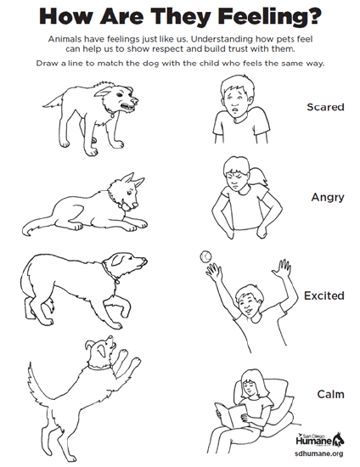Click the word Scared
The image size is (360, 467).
325,107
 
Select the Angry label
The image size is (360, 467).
328,198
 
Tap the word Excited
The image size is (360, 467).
324,295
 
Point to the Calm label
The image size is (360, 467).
330,394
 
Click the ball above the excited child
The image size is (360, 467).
205,256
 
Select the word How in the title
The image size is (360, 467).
65,16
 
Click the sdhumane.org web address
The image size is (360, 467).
319,453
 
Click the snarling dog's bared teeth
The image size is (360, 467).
127,106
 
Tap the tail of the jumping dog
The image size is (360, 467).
38,384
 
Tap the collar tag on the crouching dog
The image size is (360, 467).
117,280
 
